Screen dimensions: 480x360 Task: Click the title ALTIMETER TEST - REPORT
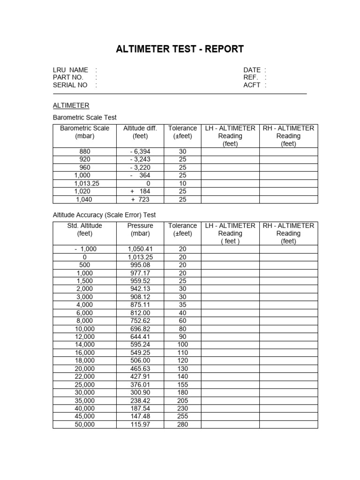point(180,49)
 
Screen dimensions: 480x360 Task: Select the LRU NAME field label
point(70,70)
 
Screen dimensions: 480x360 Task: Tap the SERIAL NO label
point(70,85)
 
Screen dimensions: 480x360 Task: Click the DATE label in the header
point(252,70)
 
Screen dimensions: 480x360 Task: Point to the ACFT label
point(252,85)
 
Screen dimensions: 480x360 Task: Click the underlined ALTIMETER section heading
point(71,105)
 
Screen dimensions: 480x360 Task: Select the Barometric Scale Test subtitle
point(85,118)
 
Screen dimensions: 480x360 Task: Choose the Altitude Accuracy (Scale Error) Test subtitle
point(104,215)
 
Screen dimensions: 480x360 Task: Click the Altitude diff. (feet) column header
point(140,132)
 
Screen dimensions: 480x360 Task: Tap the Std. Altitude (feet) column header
point(85,230)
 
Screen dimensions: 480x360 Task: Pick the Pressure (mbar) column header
point(140,230)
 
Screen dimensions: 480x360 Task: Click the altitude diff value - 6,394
point(140,151)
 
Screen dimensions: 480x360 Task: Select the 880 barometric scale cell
point(85,151)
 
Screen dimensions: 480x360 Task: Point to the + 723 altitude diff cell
point(140,199)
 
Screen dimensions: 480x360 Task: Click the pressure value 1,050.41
point(140,249)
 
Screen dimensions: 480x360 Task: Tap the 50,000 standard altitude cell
point(85,424)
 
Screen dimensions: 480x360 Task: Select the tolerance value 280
point(182,424)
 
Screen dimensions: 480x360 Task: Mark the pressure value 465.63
point(140,368)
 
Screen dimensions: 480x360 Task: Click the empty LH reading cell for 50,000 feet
point(230,424)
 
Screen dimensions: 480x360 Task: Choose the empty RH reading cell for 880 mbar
point(288,151)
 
